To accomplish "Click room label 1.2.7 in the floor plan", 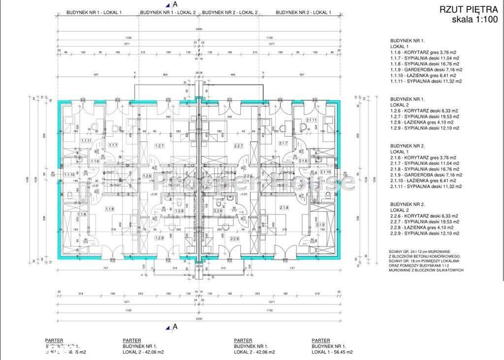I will point(158,146).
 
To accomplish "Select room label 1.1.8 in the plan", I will point(110,209).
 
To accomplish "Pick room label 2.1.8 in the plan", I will point(284,208).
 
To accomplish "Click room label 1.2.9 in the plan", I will point(159,238).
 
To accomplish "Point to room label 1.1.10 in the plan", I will point(69,174).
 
